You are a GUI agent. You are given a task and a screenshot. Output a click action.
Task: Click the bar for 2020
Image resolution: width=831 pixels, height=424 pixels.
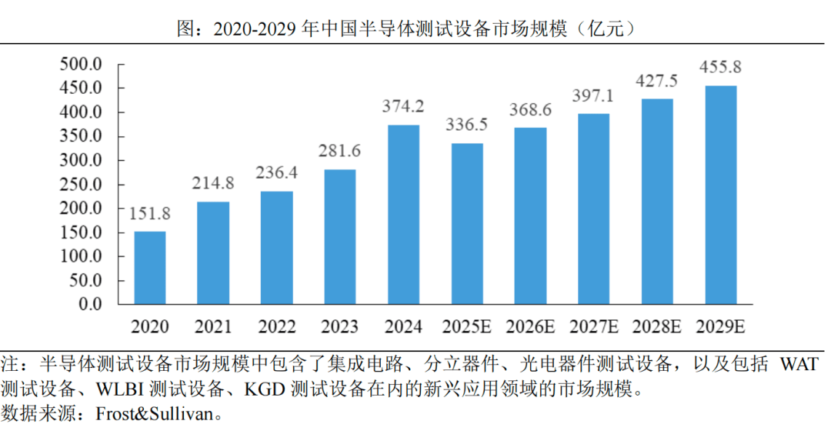tap(150, 268)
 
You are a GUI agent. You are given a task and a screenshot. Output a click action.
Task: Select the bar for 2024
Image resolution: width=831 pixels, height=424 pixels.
tap(403, 215)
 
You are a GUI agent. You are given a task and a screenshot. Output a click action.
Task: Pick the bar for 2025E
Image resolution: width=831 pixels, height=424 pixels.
tap(467, 224)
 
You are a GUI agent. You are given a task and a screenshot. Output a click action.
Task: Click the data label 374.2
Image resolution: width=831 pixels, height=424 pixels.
tap(403, 106)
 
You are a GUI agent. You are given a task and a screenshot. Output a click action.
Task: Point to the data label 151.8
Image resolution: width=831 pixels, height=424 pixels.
tap(150, 213)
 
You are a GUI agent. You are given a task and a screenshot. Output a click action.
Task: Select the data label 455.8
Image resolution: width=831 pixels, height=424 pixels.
tap(720, 67)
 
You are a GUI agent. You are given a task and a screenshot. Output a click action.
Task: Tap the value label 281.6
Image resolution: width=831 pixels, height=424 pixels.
tap(340, 151)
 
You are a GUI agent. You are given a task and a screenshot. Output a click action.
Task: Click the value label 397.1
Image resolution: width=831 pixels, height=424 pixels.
tap(593, 95)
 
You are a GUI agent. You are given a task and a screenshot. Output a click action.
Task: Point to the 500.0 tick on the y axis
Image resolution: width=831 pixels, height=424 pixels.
tap(81, 64)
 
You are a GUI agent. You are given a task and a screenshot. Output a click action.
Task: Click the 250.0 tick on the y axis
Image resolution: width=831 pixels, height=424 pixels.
tap(81, 185)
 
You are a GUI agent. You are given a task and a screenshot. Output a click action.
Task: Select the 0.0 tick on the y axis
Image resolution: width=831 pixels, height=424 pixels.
tap(88, 305)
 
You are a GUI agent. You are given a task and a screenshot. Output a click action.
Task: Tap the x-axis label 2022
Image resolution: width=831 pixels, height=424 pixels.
tap(277, 327)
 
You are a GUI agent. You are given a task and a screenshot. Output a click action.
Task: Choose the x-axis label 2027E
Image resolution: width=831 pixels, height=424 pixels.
tap(593, 327)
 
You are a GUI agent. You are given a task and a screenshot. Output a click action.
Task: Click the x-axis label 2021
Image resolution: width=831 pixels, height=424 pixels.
tap(213, 327)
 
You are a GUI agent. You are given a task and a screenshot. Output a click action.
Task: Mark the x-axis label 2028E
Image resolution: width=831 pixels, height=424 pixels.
tap(656, 327)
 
